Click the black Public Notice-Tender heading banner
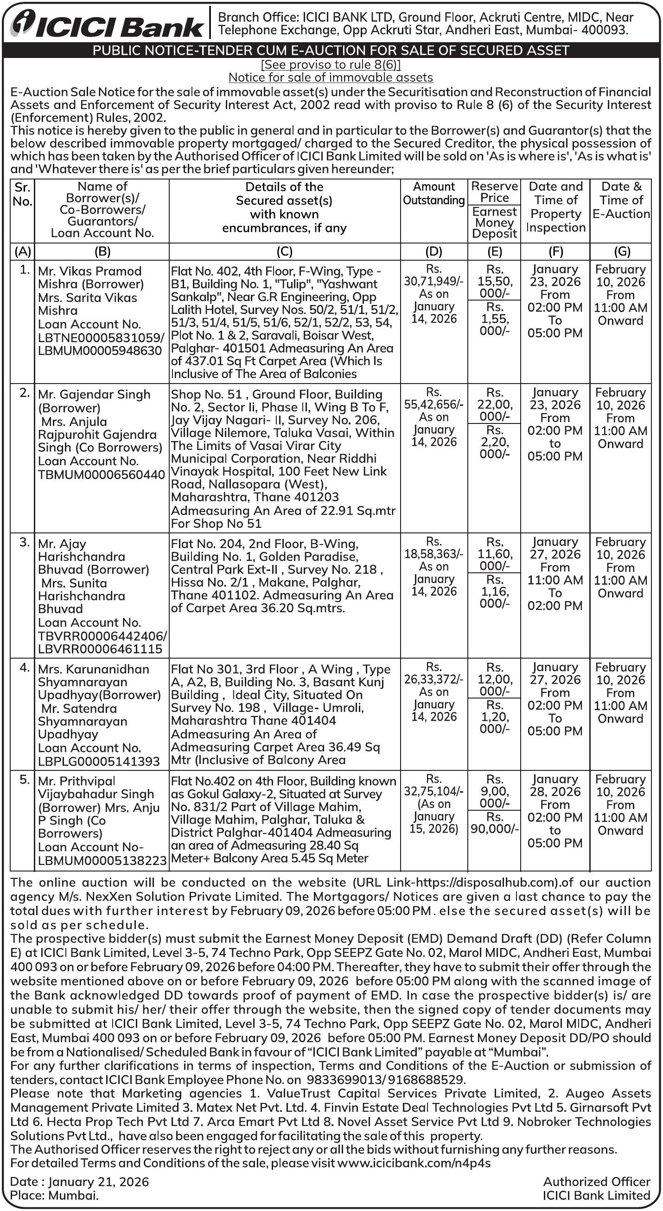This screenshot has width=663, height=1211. [x=331, y=50]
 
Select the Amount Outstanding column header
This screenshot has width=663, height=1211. [x=433, y=194]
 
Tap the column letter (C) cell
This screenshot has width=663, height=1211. [x=284, y=251]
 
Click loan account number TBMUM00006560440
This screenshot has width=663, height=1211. [x=101, y=475]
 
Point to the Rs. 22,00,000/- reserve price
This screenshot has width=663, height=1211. [x=494, y=404]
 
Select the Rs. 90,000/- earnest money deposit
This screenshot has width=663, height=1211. [x=494, y=828]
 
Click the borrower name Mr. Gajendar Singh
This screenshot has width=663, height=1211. [x=94, y=394]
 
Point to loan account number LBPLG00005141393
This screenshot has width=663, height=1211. [x=99, y=761]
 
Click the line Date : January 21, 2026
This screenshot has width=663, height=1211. [x=79, y=1181]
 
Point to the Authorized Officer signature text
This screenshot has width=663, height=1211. [x=597, y=1181]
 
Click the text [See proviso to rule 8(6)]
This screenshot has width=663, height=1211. [x=331, y=65]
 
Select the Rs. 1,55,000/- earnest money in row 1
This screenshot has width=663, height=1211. [x=494, y=319]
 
